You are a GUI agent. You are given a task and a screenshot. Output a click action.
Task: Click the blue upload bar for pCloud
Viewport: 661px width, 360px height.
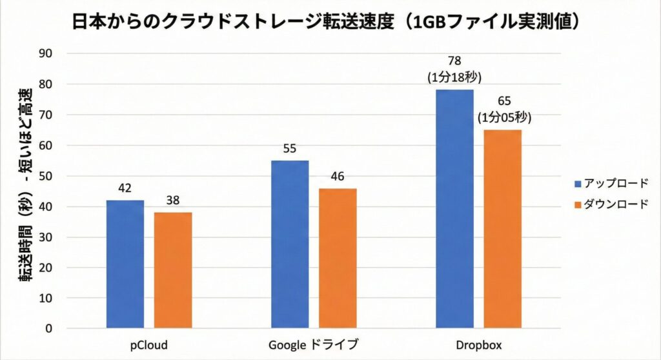(125, 265)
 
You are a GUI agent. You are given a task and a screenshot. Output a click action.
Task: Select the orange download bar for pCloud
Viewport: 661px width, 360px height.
(172, 270)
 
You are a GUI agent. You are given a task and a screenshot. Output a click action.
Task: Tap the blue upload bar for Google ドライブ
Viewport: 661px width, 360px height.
(289, 245)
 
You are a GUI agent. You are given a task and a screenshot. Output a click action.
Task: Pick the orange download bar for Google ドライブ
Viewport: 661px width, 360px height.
(337, 258)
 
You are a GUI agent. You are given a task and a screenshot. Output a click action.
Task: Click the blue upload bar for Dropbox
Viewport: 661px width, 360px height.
(454, 209)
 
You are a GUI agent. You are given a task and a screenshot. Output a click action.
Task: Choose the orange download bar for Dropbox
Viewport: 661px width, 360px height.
(502, 229)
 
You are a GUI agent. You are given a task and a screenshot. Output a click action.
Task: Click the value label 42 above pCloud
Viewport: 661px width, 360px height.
(125, 189)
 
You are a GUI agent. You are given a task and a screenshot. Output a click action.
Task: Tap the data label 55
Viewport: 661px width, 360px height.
(289, 149)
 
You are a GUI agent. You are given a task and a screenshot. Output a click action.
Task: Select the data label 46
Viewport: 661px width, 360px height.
(337, 177)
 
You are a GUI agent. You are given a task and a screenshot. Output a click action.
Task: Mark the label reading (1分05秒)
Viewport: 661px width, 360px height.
(503, 118)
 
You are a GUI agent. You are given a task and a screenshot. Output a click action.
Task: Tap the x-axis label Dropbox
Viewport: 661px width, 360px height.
(478, 345)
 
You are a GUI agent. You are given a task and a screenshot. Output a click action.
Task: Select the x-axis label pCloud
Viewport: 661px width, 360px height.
(148, 345)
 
